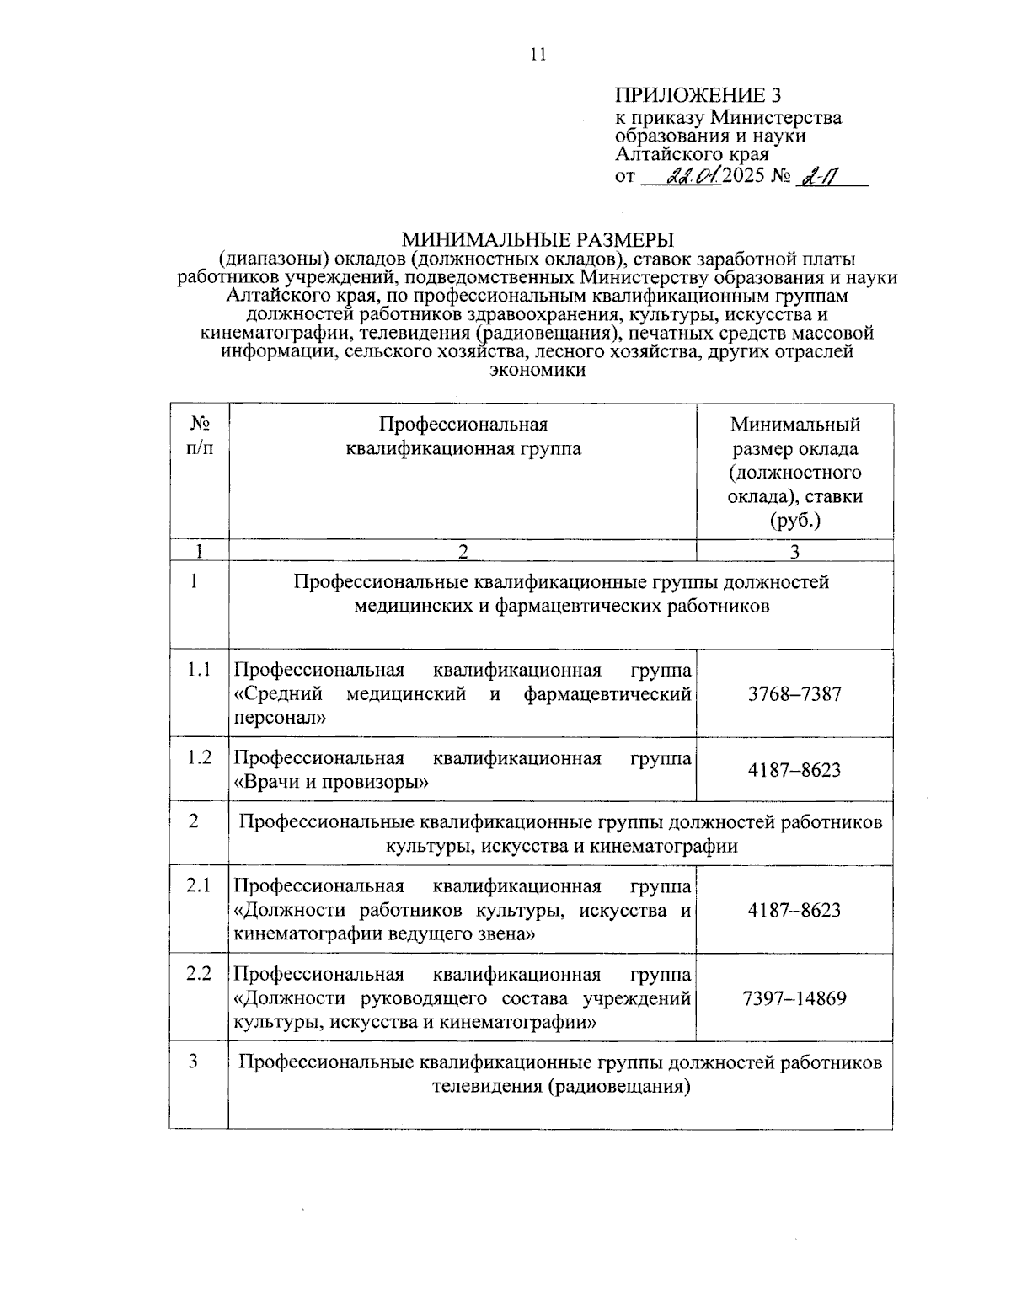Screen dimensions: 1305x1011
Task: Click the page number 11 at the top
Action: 538,55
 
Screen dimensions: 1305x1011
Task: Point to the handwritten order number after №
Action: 815,178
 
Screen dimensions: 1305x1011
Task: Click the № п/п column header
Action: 199,436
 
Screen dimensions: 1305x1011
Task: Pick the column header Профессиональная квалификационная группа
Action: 463,436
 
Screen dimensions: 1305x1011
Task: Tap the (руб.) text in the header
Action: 794,521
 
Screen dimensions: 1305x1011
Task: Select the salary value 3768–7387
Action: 794,694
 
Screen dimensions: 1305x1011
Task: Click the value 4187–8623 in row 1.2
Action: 794,770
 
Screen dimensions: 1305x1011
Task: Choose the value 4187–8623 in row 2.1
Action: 794,910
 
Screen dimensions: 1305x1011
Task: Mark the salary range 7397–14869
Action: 794,998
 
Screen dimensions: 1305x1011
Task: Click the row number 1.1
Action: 199,670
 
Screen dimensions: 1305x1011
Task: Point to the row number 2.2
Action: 199,974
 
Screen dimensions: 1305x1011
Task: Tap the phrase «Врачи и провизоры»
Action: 331,782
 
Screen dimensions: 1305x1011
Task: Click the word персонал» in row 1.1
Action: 279,719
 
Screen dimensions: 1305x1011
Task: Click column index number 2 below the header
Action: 463,551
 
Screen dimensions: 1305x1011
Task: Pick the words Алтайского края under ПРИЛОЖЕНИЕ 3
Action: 692,154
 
